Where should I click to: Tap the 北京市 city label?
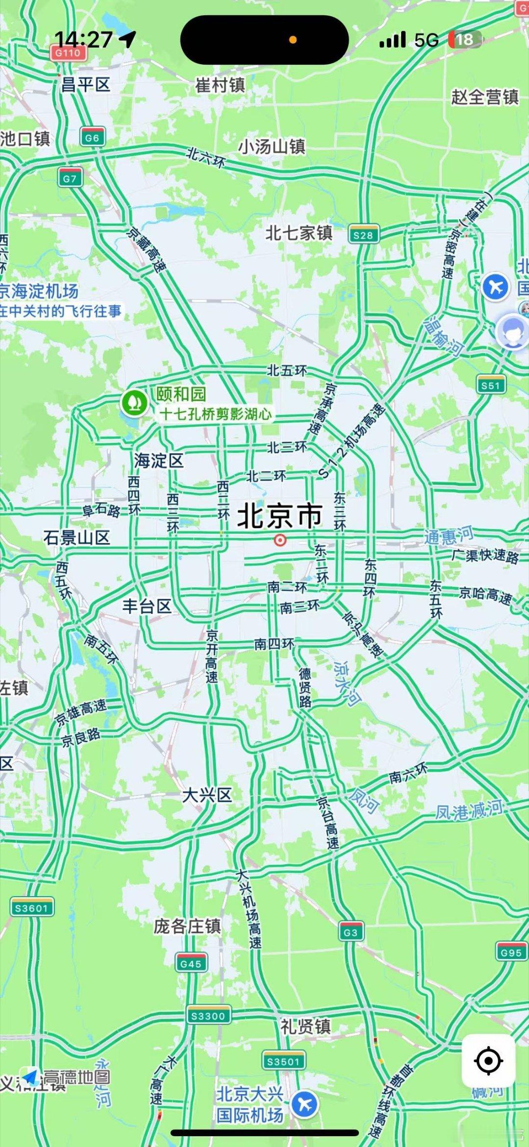coord(280,516)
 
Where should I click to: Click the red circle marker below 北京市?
coord(280,540)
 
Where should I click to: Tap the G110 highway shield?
coord(68,53)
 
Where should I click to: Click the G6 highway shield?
coord(92,138)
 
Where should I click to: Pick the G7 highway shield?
coord(70,178)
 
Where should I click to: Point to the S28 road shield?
coord(363,235)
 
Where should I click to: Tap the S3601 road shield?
coord(32,908)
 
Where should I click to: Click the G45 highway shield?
coord(191,963)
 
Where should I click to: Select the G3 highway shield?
coord(351,932)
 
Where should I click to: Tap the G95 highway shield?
coord(511,952)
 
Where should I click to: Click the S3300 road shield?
coord(208,1016)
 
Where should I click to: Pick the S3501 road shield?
coord(283,1061)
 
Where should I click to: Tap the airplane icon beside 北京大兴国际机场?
coord(305,1105)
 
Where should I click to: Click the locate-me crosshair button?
coord(488,1061)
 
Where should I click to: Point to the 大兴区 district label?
coord(207,795)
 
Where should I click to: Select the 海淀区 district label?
coord(159,461)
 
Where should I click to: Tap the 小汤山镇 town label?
coord(271,146)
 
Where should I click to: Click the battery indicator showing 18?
coord(465,40)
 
